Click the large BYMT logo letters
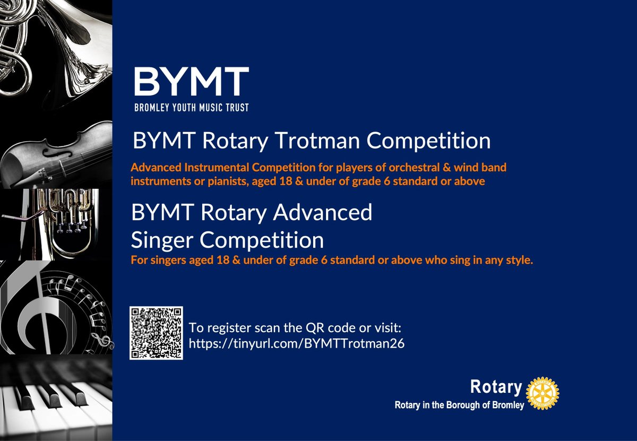click(x=191, y=82)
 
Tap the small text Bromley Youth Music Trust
click(x=191, y=108)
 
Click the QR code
click(x=156, y=333)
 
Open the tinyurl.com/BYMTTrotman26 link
click(x=297, y=343)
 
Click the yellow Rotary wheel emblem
click(x=542, y=393)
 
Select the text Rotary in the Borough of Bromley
click(x=459, y=405)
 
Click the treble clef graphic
click(x=32, y=308)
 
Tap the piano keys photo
click(x=53, y=398)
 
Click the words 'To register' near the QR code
click(x=212, y=327)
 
